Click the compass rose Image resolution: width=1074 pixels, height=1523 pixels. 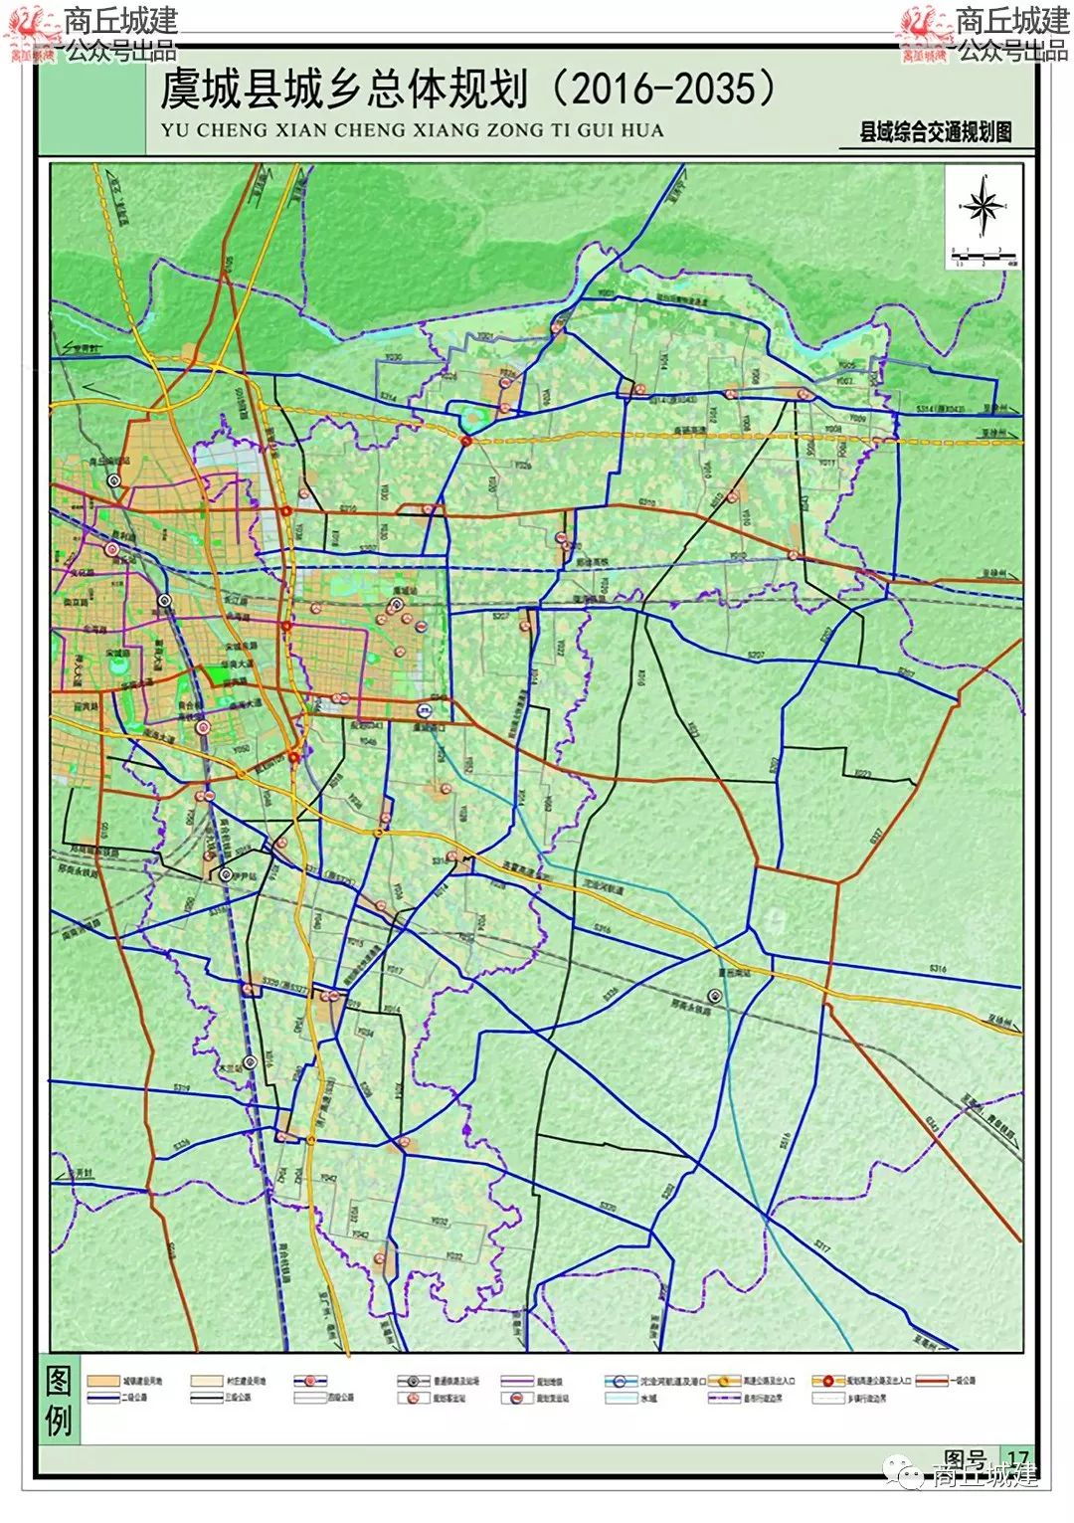pos(984,207)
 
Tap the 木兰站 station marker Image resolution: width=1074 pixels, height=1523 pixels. pos(251,1060)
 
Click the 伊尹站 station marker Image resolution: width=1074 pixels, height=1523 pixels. pos(226,875)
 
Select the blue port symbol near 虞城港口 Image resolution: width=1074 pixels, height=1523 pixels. pos(425,709)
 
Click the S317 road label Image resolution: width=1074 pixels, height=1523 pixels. pos(821,1244)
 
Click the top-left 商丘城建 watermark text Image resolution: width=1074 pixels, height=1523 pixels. pos(119,20)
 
